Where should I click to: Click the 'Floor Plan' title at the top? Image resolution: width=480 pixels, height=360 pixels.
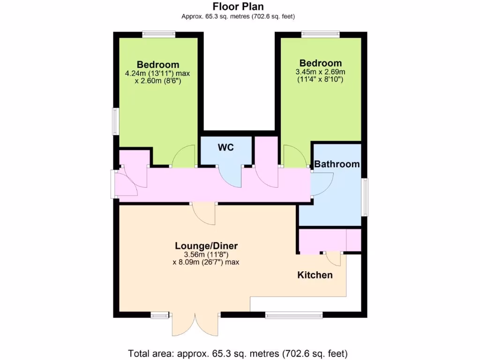[x=238, y=7]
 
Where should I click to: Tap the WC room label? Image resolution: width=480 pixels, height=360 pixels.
[x=225, y=148]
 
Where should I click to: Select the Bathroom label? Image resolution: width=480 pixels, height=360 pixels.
[x=337, y=164]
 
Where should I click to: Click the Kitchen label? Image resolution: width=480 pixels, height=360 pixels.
[x=315, y=275]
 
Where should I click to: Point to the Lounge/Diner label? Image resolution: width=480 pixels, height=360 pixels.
[x=206, y=246]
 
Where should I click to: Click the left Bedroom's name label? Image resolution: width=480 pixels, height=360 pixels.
[x=158, y=65]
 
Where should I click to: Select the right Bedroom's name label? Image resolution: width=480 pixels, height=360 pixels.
[x=321, y=63]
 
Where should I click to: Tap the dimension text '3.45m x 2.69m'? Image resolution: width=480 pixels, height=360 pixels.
[x=321, y=72]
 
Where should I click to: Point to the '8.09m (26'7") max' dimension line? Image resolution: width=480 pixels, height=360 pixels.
[x=206, y=262]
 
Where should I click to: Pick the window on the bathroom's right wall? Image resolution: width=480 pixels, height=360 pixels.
[x=364, y=197]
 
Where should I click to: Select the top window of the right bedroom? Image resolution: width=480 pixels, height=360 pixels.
[x=321, y=33]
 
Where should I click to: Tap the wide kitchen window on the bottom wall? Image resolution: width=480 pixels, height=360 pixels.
[x=294, y=315]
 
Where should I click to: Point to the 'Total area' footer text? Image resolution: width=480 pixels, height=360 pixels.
[x=238, y=353]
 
